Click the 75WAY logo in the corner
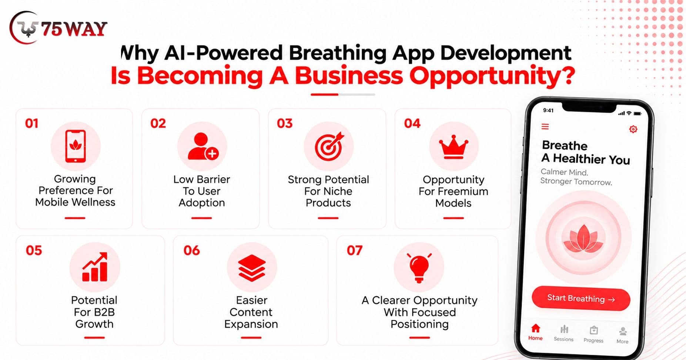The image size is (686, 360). [58, 28]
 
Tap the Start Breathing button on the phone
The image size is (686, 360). [580, 299]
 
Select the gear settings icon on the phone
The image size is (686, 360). [633, 129]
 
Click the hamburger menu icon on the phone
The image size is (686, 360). [545, 127]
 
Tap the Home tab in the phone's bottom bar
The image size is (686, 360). [535, 332]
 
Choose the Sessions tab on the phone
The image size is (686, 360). [563, 333]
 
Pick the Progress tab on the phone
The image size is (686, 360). [593, 334]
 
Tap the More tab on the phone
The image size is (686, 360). [622, 336]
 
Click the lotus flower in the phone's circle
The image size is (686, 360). [583, 239]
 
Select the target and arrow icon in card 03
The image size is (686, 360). [329, 146]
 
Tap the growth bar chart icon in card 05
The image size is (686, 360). [95, 267]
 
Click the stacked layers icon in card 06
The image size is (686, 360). [252, 268]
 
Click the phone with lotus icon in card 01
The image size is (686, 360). [76, 146]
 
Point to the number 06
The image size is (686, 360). [191, 250]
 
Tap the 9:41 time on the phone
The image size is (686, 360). [548, 110]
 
